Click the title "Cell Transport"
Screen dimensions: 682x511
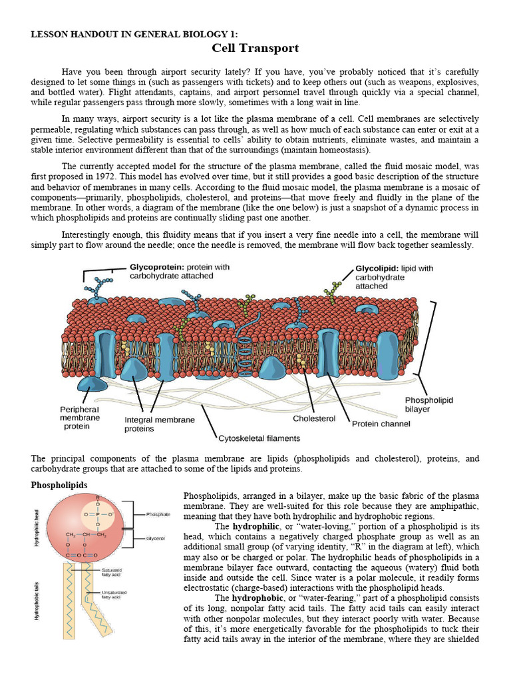coord(255,48)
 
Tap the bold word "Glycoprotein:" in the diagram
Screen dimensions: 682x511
coord(156,266)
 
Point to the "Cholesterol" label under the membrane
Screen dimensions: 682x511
coord(314,418)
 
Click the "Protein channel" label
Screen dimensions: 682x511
coord(381,423)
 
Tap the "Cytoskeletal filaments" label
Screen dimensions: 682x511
coord(259,438)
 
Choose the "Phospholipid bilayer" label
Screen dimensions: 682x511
coord(428,404)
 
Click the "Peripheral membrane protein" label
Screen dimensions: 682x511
coord(80,418)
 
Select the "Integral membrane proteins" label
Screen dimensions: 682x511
coord(160,424)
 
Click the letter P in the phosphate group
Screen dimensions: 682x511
coord(98,515)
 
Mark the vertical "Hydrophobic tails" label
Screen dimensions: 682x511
coord(36,600)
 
